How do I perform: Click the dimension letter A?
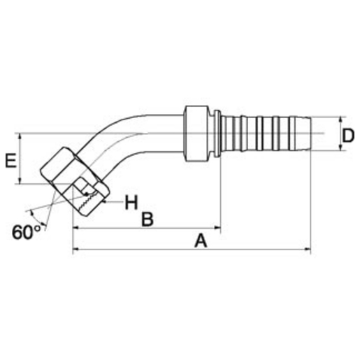pos(201,240)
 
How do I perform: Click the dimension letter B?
pos(147,219)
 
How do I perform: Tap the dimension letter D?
pos(348,136)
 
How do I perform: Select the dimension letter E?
pos(10,161)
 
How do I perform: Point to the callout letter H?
pos(131,203)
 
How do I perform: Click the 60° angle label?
pos(26,232)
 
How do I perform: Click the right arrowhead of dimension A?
pos(308,250)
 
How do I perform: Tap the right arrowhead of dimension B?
pos(217,228)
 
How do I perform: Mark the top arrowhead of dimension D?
pos(340,120)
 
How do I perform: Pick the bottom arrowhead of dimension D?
pos(340,147)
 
